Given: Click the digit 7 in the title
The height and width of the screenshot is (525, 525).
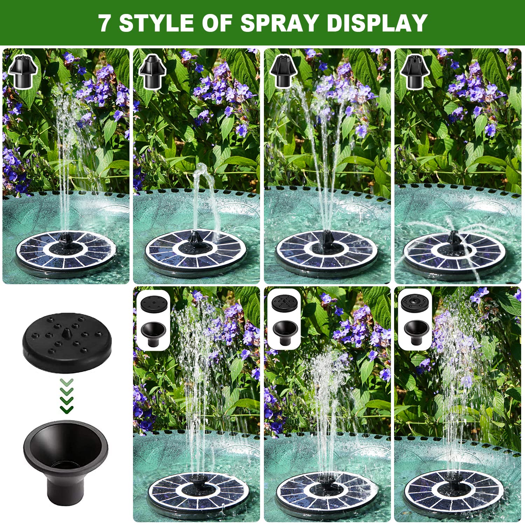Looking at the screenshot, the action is pos(104,23).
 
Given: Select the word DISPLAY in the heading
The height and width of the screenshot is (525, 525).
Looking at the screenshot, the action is pos(377,23).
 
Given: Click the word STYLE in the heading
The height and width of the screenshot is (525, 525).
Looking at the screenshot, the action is pos(156,23).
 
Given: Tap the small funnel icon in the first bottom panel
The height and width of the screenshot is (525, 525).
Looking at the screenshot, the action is pos(153,334).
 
